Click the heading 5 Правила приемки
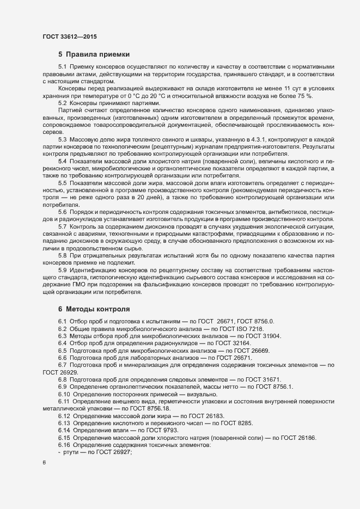(x=94, y=54)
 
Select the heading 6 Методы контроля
(x=94, y=309)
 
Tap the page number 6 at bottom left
(x=44, y=463)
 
